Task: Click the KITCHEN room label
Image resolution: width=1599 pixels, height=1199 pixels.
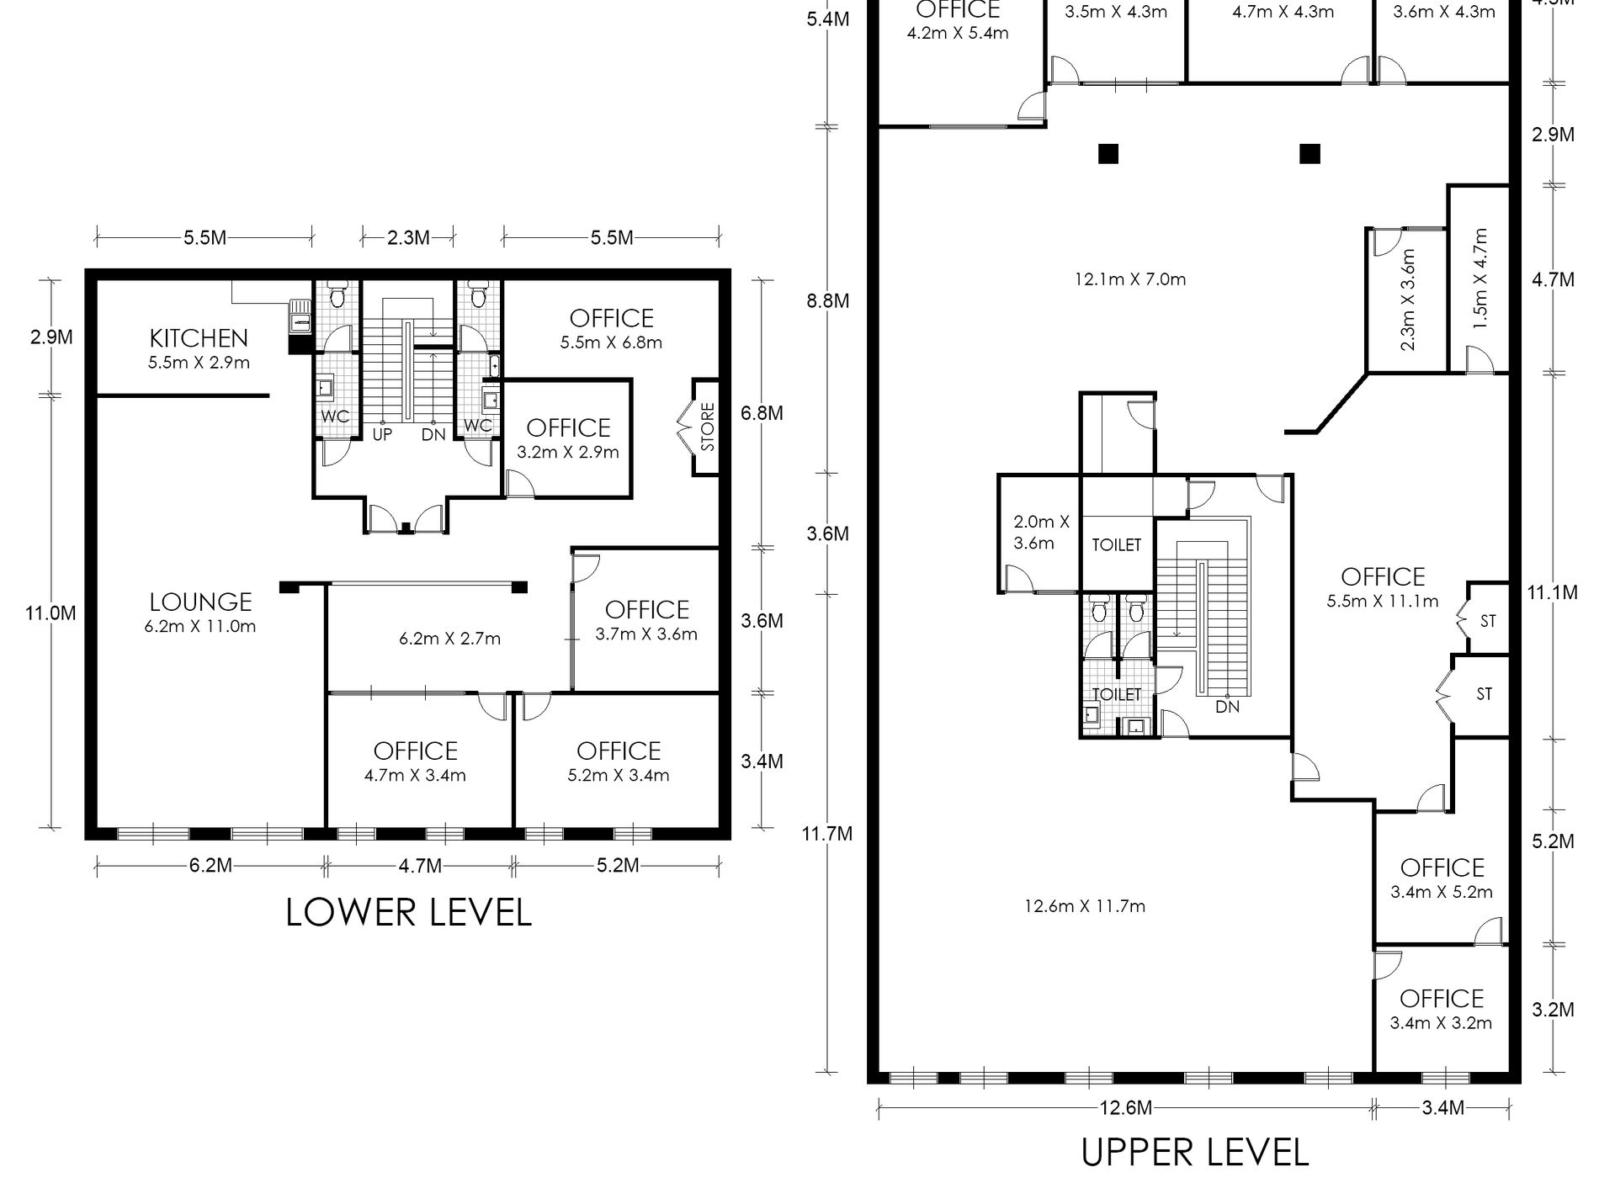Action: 199,338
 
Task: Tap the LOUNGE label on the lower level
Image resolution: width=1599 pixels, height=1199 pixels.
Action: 200,602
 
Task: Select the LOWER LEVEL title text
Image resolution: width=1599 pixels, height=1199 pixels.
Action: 409,912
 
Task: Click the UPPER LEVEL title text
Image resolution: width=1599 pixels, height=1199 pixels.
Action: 1195,1152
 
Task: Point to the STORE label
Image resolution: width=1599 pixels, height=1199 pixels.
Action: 707,427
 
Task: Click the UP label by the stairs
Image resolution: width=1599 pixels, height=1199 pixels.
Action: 382,435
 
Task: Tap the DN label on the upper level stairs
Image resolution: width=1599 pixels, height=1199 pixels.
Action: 1228,707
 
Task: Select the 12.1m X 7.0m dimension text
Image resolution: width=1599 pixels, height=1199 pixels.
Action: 1130,279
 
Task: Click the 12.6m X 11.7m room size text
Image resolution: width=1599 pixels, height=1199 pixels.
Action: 1085,906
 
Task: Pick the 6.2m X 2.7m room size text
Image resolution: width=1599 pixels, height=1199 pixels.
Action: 449,639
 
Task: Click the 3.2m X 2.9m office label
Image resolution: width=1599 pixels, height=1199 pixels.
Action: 568,452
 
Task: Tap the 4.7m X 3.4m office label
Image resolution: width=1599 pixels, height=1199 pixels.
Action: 415,775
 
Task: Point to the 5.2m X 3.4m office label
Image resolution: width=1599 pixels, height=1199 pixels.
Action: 619,775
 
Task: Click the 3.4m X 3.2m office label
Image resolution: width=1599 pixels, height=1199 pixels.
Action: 1442,1023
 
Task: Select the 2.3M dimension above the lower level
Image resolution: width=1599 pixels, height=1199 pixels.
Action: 408,238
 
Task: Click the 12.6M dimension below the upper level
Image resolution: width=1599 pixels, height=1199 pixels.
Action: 1125,1108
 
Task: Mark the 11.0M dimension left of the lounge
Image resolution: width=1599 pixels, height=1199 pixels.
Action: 50,613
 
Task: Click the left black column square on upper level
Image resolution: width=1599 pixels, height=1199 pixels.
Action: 1108,154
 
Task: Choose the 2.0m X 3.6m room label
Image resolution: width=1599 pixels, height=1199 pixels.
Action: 1041,533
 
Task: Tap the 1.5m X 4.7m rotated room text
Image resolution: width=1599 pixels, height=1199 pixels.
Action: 1481,278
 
